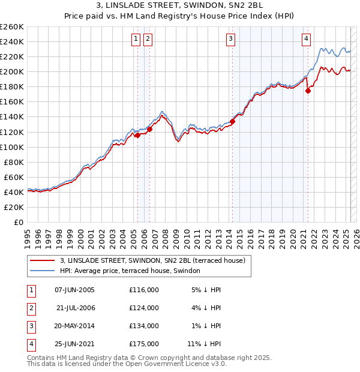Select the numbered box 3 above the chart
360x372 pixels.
pos(230,40)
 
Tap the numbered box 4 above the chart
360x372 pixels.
pos(306,40)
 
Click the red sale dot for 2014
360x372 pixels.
pos(232,121)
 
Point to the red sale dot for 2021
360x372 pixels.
pos(308,91)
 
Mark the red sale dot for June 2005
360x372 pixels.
pos(137,135)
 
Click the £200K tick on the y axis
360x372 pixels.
pos(11,71)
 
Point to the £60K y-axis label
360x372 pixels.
pos(14,177)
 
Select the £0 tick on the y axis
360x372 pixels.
pos(18,222)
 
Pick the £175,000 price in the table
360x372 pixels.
pos(144,344)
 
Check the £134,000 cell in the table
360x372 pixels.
pos(144,326)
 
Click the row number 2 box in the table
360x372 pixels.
pos(29,308)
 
